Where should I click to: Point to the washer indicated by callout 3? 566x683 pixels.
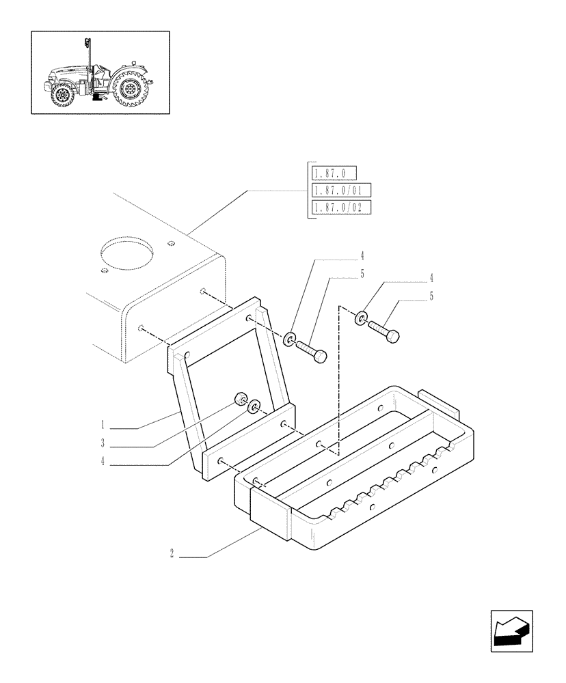coord(242,400)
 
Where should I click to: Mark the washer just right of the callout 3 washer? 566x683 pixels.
coord(254,408)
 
